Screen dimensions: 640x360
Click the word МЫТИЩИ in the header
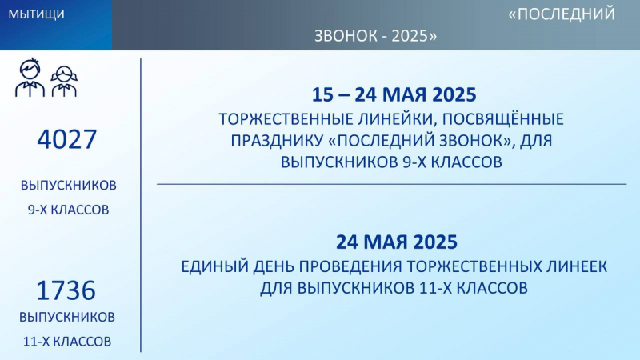[36, 14]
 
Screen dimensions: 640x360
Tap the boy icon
[30, 78]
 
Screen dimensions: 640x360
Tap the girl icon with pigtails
[64, 82]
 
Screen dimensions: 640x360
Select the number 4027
[67, 139]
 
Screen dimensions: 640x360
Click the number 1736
[66, 290]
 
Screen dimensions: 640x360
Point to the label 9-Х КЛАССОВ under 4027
[69, 210]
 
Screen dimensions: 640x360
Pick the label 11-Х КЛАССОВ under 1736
[67, 342]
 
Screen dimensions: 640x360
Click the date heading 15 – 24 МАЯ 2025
[394, 94]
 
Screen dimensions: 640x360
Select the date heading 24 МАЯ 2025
[397, 242]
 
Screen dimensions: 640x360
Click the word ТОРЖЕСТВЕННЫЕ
[286, 119]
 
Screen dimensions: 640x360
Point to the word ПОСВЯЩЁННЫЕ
[503, 118]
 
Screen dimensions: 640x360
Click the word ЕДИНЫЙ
[214, 267]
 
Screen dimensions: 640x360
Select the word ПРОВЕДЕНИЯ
[351, 267]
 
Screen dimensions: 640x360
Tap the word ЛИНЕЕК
[576, 267]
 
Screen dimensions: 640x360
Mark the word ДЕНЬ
[274, 267]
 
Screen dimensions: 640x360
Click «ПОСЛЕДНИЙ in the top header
[562, 14]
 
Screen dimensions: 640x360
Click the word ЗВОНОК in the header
[346, 36]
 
